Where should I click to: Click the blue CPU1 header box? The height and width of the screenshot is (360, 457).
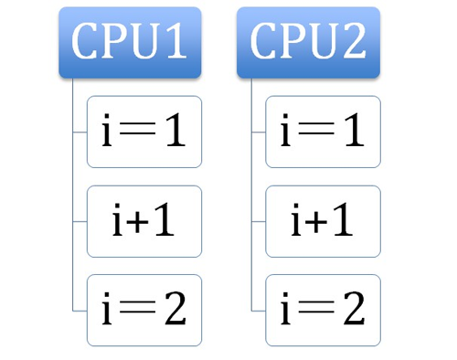coord(130,43)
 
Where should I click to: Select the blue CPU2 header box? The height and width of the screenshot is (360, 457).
coord(308,43)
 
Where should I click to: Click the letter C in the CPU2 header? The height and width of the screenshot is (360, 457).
coord(266,43)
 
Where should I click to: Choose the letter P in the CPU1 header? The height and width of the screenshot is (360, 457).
coord(116,43)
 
